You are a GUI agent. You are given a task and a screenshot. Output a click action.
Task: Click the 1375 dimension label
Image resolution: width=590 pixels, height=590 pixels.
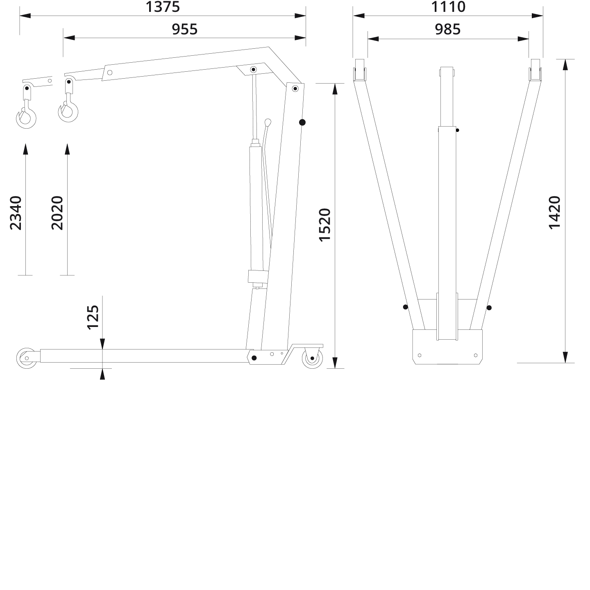pyautogui.click(x=163, y=7)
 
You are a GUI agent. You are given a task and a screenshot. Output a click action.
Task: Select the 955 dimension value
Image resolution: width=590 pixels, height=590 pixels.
pyautogui.click(x=184, y=29)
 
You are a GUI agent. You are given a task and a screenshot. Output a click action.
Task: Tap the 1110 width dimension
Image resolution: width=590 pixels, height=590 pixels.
pyautogui.click(x=448, y=7)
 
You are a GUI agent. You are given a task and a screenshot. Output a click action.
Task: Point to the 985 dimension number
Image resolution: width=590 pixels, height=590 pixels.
pyautogui.click(x=448, y=29)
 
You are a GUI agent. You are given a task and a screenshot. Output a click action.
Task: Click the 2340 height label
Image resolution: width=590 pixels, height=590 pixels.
pyautogui.click(x=16, y=213)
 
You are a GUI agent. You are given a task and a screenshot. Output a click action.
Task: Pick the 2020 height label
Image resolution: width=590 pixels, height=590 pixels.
pyautogui.click(x=57, y=213)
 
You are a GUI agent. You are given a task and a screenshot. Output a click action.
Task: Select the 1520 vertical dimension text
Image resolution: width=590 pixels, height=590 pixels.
pyautogui.click(x=324, y=225)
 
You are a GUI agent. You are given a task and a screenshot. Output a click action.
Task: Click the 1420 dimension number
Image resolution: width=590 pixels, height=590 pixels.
pyautogui.click(x=554, y=213)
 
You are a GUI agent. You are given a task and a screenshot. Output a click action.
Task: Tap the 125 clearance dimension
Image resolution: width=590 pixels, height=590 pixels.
pyautogui.click(x=93, y=317)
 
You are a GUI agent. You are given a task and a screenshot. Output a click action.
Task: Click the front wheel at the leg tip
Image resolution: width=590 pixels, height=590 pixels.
pyautogui.click(x=26, y=358)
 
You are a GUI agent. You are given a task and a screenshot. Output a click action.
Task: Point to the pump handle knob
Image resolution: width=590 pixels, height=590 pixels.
pyautogui.click(x=268, y=122)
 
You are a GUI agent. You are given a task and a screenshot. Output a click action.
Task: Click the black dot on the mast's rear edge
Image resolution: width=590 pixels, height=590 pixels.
pyautogui.click(x=302, y=122)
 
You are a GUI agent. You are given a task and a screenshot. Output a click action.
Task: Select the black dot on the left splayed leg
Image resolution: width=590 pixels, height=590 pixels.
pyautogui.click(x=406, y=307)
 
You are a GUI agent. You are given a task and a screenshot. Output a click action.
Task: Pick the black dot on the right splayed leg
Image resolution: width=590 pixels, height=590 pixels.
pyautogui.click(x=489, y=308)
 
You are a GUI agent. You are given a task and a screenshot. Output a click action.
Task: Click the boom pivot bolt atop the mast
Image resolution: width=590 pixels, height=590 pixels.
pyautogui.click(x=295, y=88)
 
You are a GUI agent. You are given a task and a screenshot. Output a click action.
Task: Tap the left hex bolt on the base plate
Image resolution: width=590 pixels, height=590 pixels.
pyautogui.click(x=419, y=355)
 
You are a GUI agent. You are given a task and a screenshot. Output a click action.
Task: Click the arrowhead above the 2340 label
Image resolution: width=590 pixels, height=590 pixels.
pyautogui.click(x=25, y=149)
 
